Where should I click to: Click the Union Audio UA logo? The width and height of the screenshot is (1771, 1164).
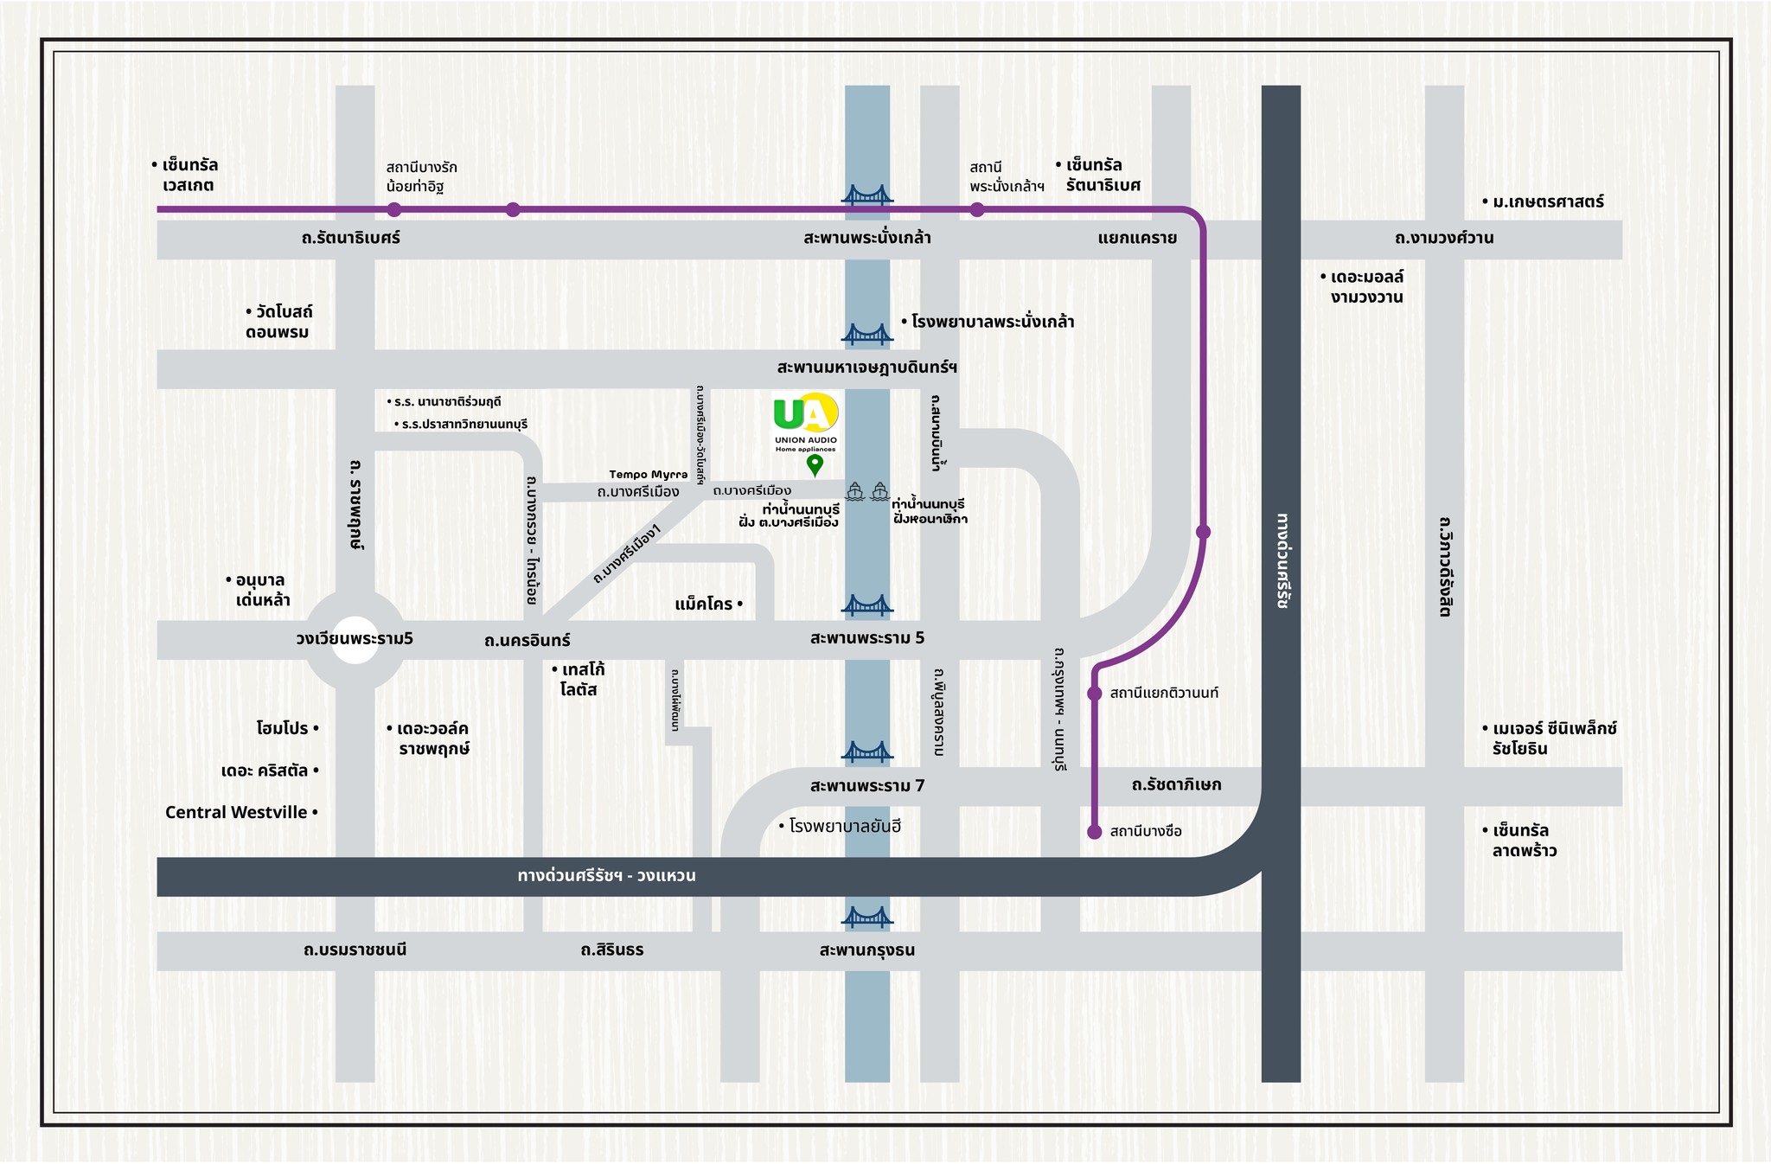(805, 414)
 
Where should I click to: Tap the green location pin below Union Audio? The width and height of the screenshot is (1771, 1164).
(815, 465)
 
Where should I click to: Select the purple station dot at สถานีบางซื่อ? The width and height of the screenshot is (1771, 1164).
(1094, 832)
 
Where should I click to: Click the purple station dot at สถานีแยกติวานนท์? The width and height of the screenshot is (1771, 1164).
(1094, 694)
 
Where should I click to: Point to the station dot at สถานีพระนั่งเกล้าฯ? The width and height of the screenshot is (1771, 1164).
(976, 209)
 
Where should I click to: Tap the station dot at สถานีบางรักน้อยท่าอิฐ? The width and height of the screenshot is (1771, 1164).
(394, 209)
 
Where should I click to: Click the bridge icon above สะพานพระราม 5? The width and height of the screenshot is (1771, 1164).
(866, 604)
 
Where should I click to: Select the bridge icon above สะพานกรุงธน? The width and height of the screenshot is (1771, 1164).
(866, 917)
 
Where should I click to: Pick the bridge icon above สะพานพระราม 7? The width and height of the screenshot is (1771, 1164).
(866, 751)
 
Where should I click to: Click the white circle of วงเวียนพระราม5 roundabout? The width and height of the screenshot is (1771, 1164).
(355, 640)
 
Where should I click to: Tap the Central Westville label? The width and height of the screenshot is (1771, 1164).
(237, 812)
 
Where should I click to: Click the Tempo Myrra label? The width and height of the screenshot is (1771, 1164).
(648, 474)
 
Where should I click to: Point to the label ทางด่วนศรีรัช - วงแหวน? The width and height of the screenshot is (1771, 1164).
(606, 876)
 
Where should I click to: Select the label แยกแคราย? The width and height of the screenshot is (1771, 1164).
(1137, 238)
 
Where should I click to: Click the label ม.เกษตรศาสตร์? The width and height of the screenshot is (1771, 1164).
(1547, 201)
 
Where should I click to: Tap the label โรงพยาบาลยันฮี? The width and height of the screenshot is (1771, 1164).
(844, 826)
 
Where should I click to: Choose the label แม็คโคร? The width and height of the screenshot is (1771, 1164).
(704, 604)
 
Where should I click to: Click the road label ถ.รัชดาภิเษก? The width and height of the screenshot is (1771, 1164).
(1176, 785)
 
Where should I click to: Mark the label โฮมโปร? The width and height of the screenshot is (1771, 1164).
(283, 728)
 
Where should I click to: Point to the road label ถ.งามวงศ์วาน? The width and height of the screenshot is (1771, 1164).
(1444, 238)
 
